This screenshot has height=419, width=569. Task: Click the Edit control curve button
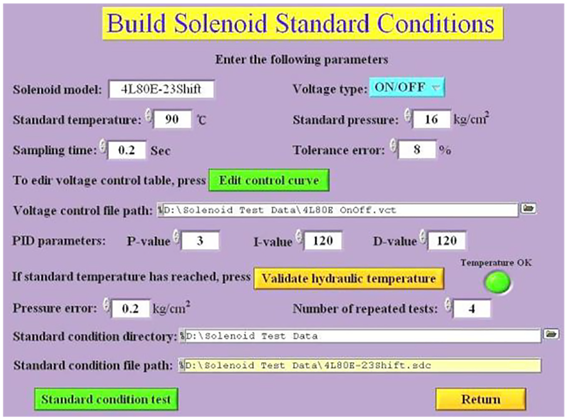269,180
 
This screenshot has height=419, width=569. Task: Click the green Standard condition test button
106,399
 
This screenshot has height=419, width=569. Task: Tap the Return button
480,399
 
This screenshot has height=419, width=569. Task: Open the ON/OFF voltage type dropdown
407,87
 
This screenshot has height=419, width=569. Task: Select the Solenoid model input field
161,89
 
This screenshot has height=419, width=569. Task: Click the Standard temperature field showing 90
172,119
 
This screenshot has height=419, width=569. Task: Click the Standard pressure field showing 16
432,119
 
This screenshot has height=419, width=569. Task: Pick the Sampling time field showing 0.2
127,150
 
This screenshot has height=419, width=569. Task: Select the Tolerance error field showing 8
417,149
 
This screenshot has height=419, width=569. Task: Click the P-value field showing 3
200,240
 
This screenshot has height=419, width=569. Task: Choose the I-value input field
323,240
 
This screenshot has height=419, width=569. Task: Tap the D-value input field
447,240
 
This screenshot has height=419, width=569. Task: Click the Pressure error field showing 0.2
131,308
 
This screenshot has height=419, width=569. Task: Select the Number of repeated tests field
472,309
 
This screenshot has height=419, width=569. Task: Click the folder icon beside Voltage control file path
529,209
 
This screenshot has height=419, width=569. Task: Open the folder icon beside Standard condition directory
551,334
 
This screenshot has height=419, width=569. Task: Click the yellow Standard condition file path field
360,366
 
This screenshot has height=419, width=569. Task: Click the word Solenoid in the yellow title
221,23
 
